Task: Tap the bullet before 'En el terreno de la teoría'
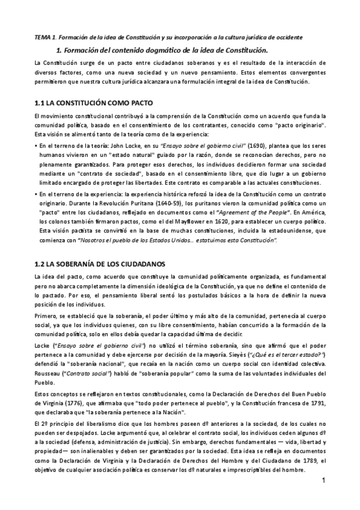click(x=36, y=146)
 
